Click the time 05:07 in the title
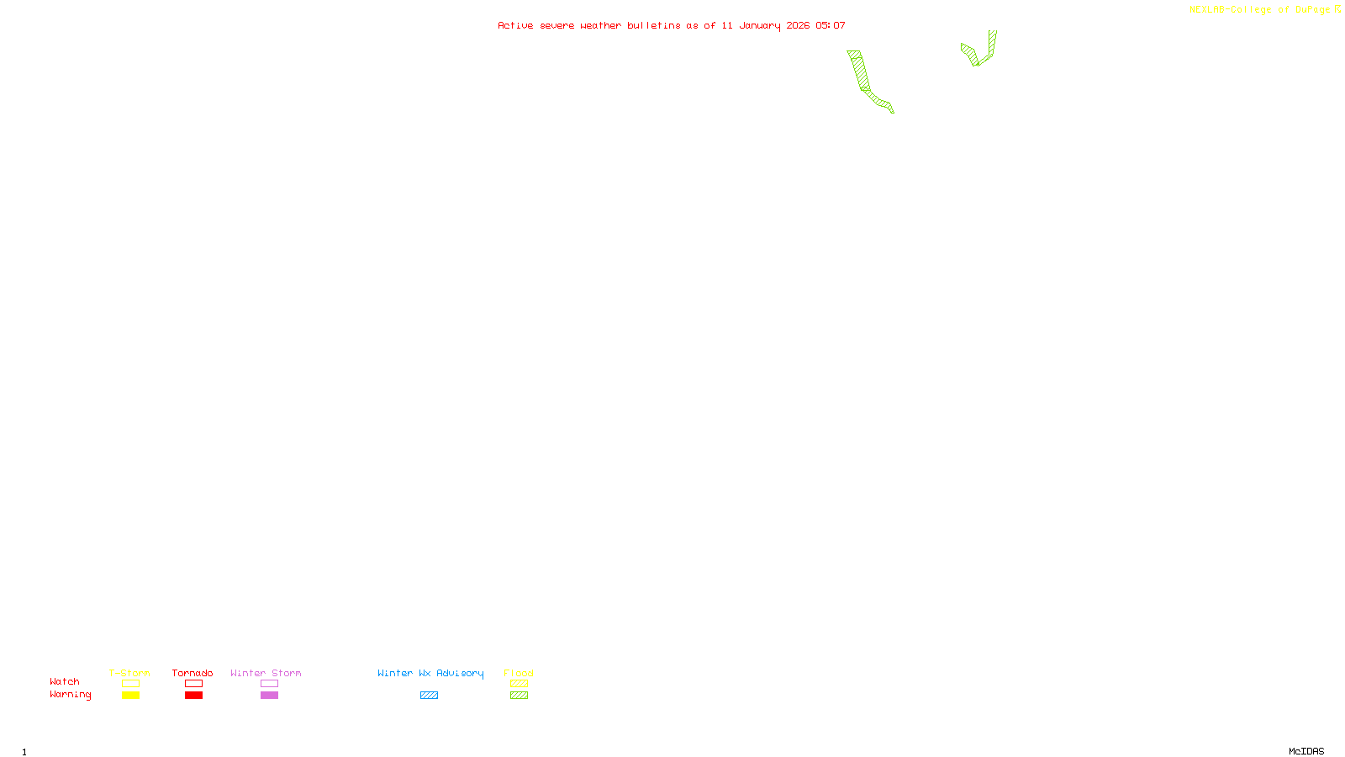click(x=830, y=25)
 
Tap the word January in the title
click(x=759, y=25)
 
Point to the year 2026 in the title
click(x=798, y=25)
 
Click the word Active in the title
click(x=514, y=25)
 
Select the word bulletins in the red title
click(x=653, y=25)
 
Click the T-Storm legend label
click(x=129, y=673)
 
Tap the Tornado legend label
click(x=193, y=673)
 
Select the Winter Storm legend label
click(x=266, y=673)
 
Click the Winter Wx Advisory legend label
click(x=430, y=673)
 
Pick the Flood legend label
click(x=519, y=673)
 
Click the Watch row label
click(x=65, y=681)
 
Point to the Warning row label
click(x=70, y=695)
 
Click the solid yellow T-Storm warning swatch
click(x=130, y=696)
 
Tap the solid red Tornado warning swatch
click(x=193, y=696)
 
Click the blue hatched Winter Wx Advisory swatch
click(x=429, y=696)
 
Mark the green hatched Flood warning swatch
click(x=519, y=696)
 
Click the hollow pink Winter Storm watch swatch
click(x=269, y=684)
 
